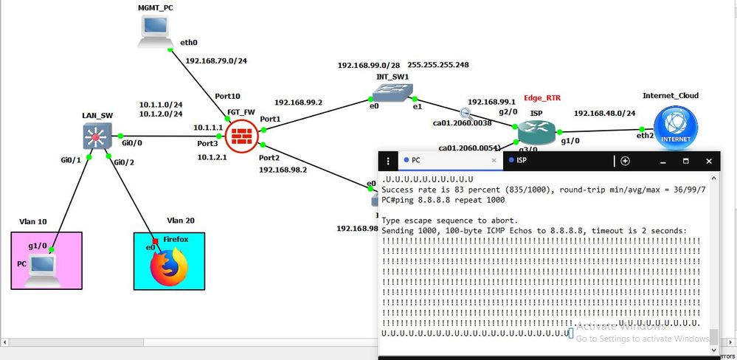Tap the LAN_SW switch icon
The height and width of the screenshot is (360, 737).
point(97,137)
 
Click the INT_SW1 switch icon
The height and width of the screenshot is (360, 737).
point(386,92)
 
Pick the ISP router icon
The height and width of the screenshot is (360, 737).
point(535,131)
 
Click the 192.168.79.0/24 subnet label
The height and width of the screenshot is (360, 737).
point(217,61)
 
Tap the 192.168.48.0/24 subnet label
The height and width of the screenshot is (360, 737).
point(605,113)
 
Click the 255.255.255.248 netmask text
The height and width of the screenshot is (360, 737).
point(438,65)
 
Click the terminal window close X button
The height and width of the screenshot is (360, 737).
point(709,161)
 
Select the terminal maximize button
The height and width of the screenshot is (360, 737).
point(685,161)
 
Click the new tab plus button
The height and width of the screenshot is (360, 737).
point(625,161)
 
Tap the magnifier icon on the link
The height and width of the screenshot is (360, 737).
point(466,113)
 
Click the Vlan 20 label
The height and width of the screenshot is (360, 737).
point(180,220)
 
